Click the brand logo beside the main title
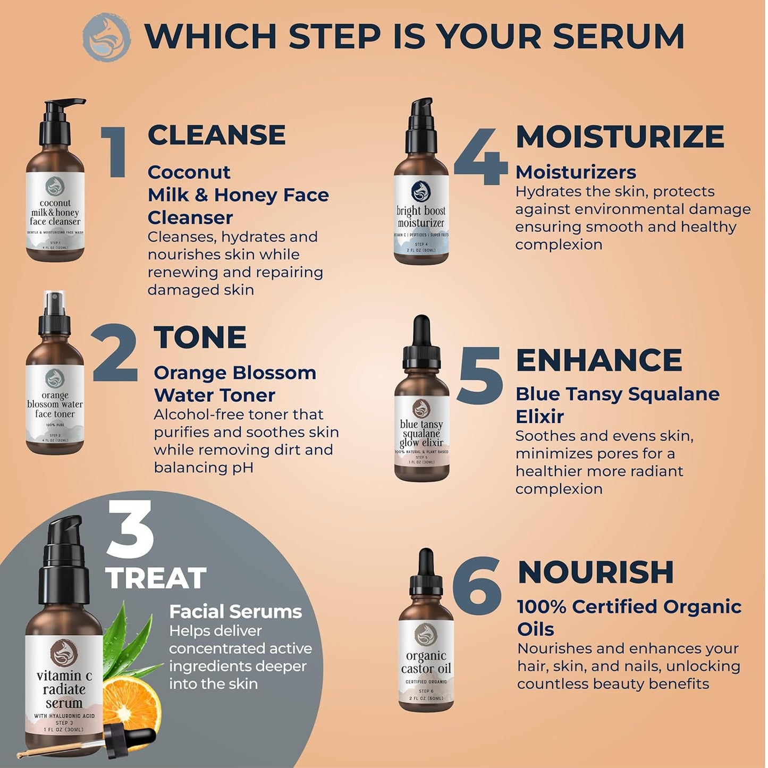tap(106, 36)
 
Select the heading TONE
tap(200, 337)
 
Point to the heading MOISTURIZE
tap(620, 137)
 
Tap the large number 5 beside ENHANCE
tap(480, 375)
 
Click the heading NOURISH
tap(596, 572)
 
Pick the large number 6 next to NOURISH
tap(477, 584)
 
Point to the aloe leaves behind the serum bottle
tap(128, 638)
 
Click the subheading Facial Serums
tap(235, 612)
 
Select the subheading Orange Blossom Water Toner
tap(234, 384)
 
